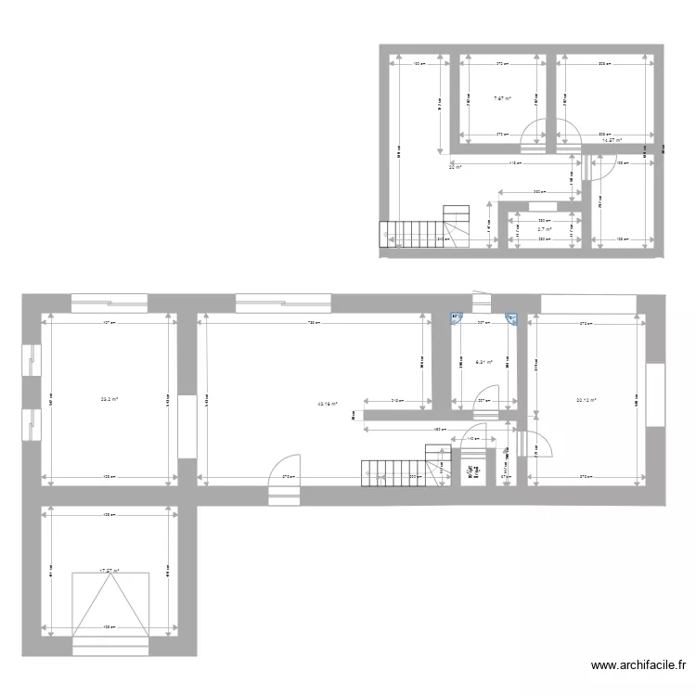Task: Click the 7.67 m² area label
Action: pos(502,99)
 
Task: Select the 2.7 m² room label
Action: pos(544,229)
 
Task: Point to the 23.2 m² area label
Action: pos(110,400)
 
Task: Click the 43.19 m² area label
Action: pos(327,405)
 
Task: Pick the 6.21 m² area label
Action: pos(483,363)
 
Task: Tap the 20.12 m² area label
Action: pos(585,401)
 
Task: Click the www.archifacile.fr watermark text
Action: pos(640,665)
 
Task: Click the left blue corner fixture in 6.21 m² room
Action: pos(456,317)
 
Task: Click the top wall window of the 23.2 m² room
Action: pos(110,302)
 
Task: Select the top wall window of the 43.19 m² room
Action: pos(283,302)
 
